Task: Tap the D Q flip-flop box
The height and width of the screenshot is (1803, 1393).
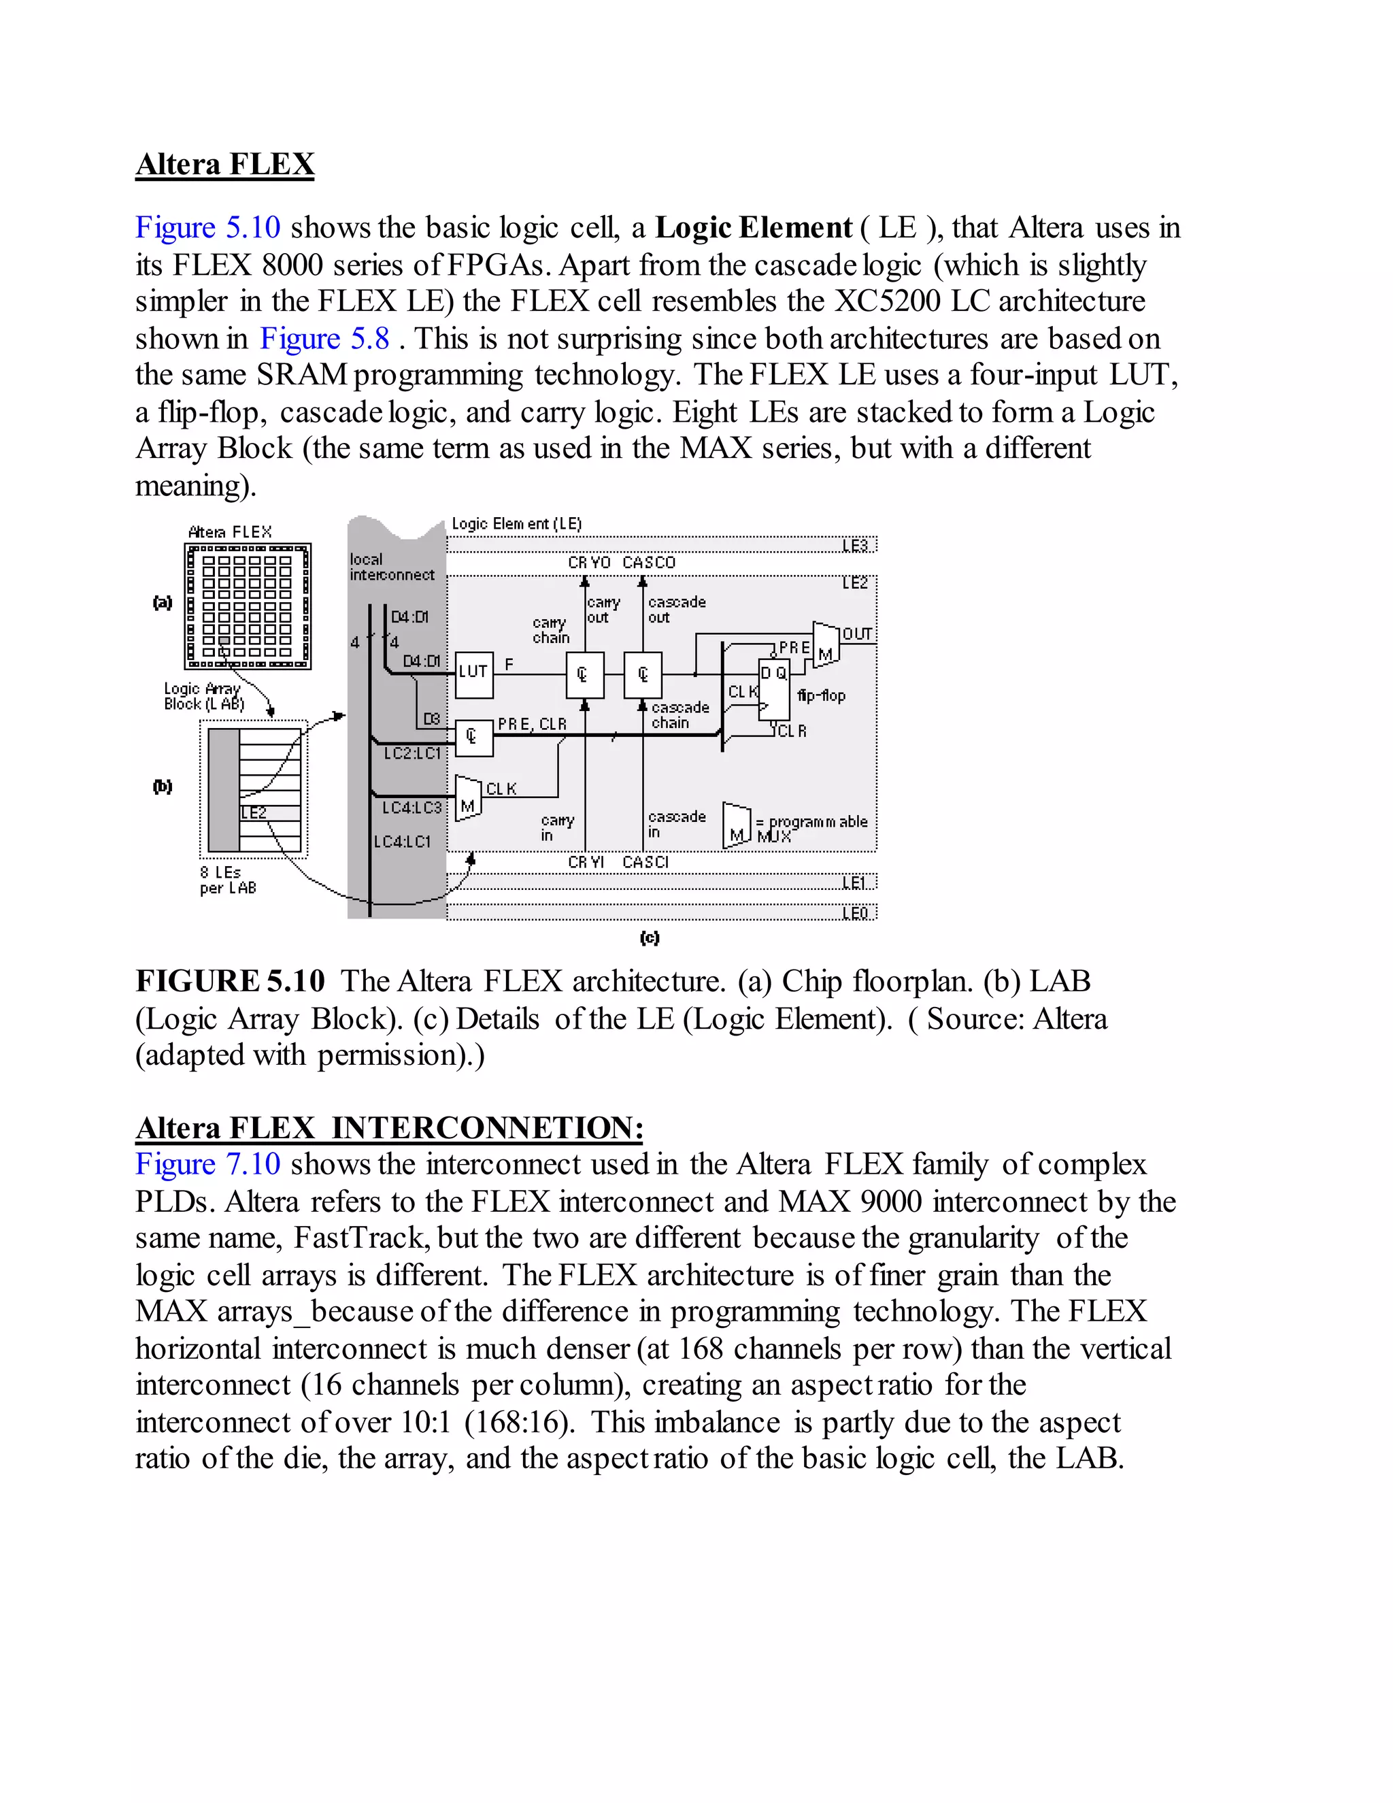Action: [x=773, y=689]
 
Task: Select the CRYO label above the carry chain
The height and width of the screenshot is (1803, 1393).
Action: [x=588, y=562]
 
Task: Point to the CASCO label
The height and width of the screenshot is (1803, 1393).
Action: [x=649, y=562]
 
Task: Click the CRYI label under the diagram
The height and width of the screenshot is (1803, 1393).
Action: [x=586, y=862]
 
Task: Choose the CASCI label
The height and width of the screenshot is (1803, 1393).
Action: [x=645, y=862]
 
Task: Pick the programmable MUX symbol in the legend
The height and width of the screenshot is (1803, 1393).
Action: [x=736, y=825]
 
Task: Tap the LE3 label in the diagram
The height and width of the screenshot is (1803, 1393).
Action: [x=855, y=546]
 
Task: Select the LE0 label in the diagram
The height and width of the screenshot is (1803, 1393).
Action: [x=855, y=912]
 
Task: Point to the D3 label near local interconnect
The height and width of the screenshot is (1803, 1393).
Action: [x=431, y=719]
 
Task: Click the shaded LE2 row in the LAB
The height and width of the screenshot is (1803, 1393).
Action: [x=270, y=812]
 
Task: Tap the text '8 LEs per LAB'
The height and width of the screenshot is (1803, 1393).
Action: [x=228, y=879]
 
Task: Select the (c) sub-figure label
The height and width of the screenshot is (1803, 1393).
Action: [x=650, y=938]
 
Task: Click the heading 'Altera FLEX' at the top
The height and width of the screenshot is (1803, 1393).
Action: [x=224, y=164]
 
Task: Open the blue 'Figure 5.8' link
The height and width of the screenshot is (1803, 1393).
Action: [x=324, y=338]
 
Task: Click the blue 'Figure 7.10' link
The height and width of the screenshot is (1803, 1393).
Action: [x=208, y=1164]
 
